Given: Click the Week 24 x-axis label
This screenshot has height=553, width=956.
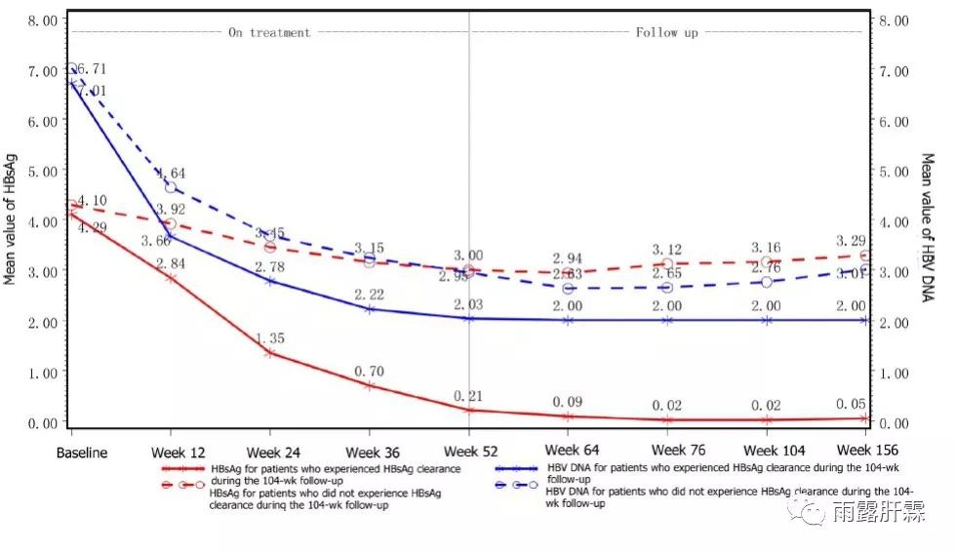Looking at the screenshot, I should pyautogui.click(x=271, y=453).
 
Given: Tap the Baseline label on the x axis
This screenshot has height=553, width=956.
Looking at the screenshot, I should pyautogui.click(x=82, y=453).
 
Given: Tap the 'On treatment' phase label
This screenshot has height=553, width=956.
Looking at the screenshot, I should pyautogui.click(x=269, y=32).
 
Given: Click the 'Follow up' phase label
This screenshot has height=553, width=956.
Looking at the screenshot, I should pyautogui.click(x=667, y=32).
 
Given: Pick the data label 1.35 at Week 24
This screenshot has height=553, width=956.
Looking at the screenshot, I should pyautogui.click(x=269, y=337).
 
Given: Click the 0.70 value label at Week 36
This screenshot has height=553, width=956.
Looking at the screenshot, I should pyautogui.click(x=370, y=371).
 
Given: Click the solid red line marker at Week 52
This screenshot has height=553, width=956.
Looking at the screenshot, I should pyautogui.click(x=468, y=410).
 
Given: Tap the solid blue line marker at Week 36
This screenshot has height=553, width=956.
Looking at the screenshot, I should pyautogui.click(x=370, y=309).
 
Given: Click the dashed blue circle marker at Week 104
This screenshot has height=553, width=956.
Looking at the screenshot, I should pyautogui.click(x=767, y=282).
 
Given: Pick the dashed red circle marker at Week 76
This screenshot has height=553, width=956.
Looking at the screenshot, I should pyautogui.click(x=667, y=263).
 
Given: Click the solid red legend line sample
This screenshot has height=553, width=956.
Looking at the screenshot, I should pyautogui.click(x=183, y=468).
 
